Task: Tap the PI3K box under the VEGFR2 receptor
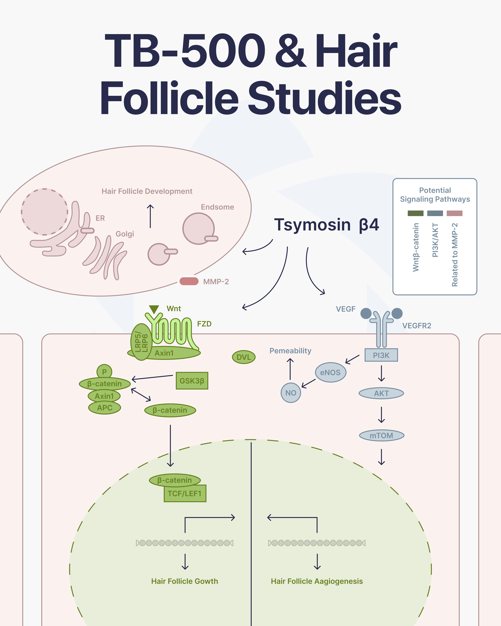pos(381,355)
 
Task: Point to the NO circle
pos(291,393)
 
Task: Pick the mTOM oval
pos(381,436)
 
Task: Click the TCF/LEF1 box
pos(185,493)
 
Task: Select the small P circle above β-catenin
pos(104,372)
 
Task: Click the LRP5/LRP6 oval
pos(141,342)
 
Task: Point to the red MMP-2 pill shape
pos(189,281)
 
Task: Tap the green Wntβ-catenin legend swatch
pos(415,213)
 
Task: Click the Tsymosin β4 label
pos(326,225)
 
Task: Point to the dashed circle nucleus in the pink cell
pos(44,212)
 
